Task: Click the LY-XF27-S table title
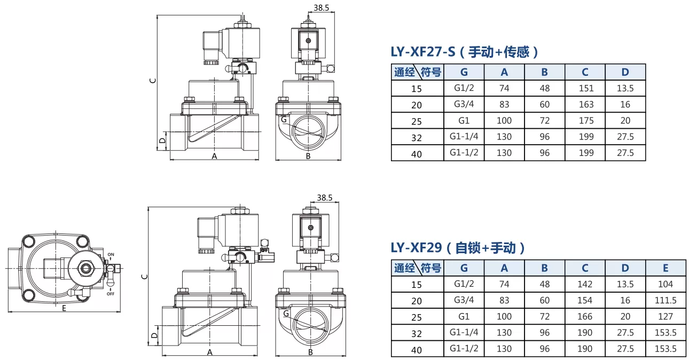click(x=465, y=52)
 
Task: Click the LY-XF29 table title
click(x=458, y=248)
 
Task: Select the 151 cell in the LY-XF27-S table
click(x=586, y=88)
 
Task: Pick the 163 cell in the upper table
click(x=586, y=104)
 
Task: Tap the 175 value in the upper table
click(x=586, y=121)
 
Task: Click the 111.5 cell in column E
click(x=665, y=300)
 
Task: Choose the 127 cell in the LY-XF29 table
click(x=665, y=316)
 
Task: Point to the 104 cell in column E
click(x=665, y=284)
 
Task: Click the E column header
click(x=665, y=268)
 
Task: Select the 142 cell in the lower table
click(x=584, y=284)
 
